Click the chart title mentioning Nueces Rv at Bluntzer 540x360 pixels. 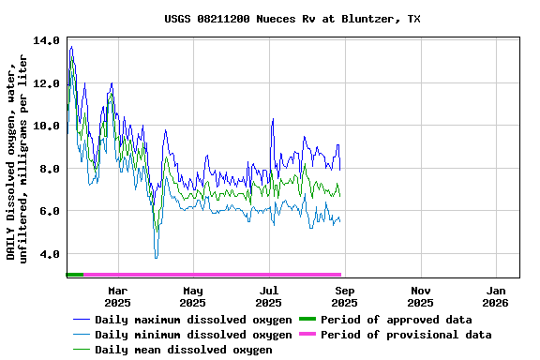[292, 19]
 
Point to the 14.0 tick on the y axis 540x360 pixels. [46, 41]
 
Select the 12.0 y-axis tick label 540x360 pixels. [46, 83]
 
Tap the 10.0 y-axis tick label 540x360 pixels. [46, 127]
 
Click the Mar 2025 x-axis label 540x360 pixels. [117, 296]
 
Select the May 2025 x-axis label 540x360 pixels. [193, 296]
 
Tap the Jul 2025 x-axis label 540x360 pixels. [269, 296]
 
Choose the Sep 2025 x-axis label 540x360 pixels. [345, 296]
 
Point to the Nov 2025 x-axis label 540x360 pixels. [421, 296]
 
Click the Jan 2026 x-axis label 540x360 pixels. [497, 296]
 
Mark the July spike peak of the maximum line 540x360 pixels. [273, 119]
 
